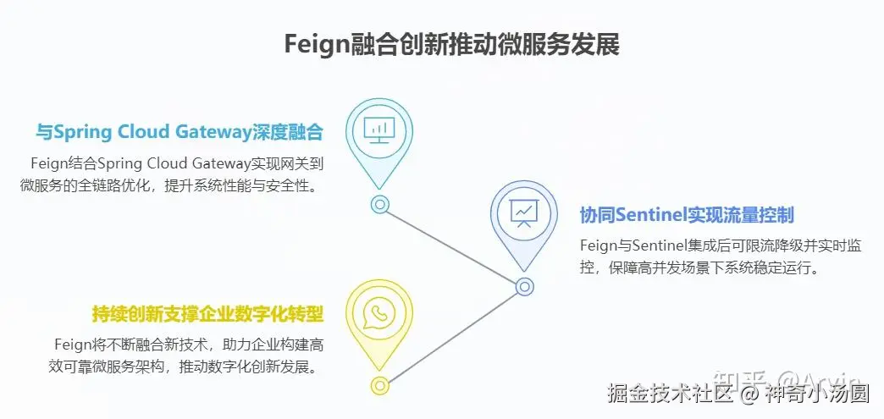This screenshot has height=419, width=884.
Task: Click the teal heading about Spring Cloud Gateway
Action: pos(180,132)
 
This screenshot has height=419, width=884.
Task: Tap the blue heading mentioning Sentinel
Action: pos(687,215)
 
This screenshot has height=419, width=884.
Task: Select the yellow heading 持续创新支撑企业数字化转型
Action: pos(208,314)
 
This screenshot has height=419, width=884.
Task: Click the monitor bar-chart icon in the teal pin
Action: pos(379,130)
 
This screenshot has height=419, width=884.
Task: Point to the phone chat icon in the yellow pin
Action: pos(379,312)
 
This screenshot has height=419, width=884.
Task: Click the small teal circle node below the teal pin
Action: pos(380,204)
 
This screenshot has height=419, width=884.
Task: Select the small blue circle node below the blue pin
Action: pos(524,286)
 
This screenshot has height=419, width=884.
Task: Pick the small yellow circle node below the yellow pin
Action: pos(380,385)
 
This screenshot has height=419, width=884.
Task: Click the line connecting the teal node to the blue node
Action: pos(452,245)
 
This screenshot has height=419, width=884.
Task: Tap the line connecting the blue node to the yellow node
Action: pos(452,336)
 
